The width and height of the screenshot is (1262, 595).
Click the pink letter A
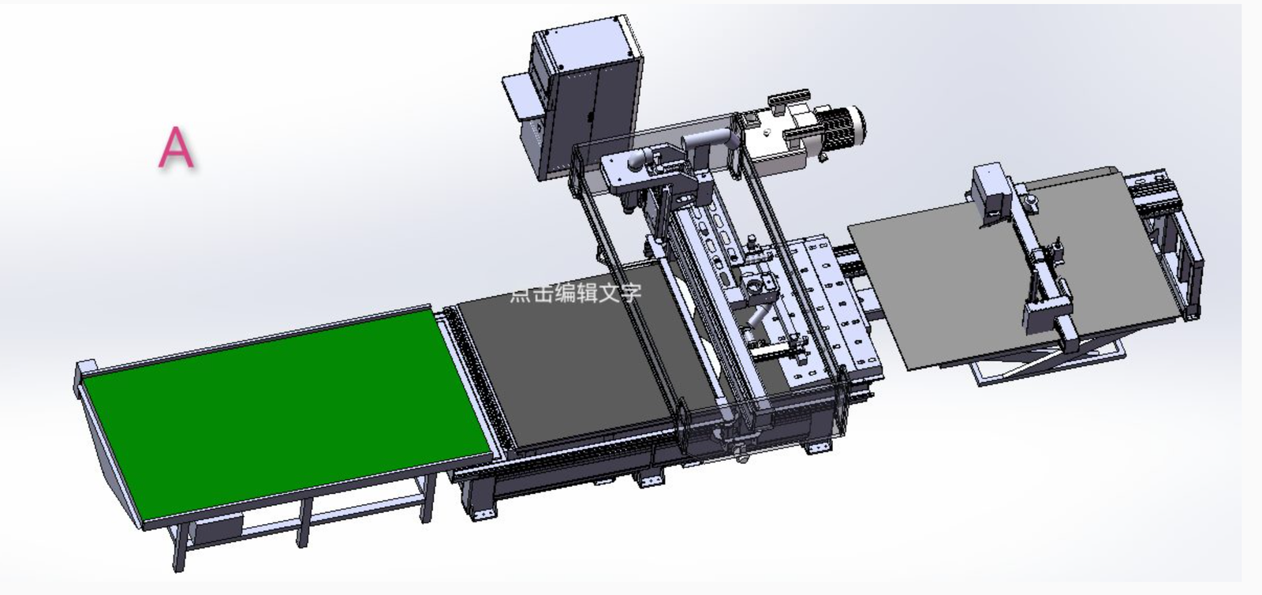pos(177,147)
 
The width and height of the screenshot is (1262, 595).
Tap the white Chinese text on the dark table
pos(575,294)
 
